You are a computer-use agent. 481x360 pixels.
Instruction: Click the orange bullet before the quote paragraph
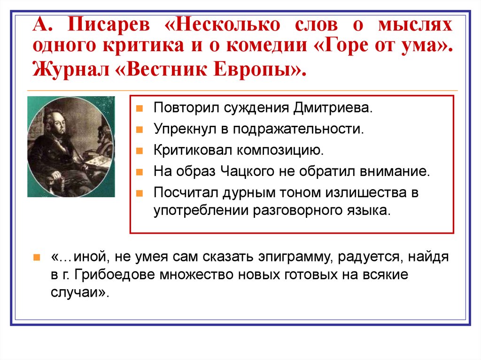(x=37, y=258)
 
